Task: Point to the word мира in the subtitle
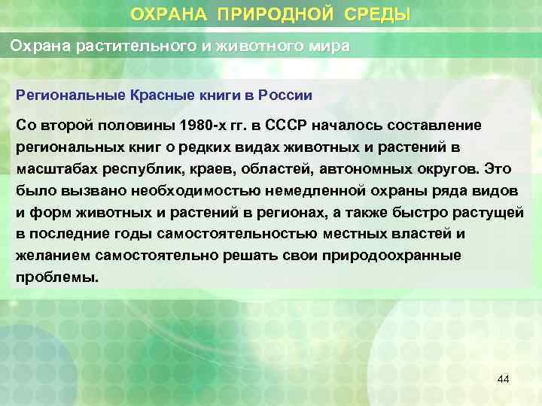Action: [329, 47]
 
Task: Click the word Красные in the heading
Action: [163, 95]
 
